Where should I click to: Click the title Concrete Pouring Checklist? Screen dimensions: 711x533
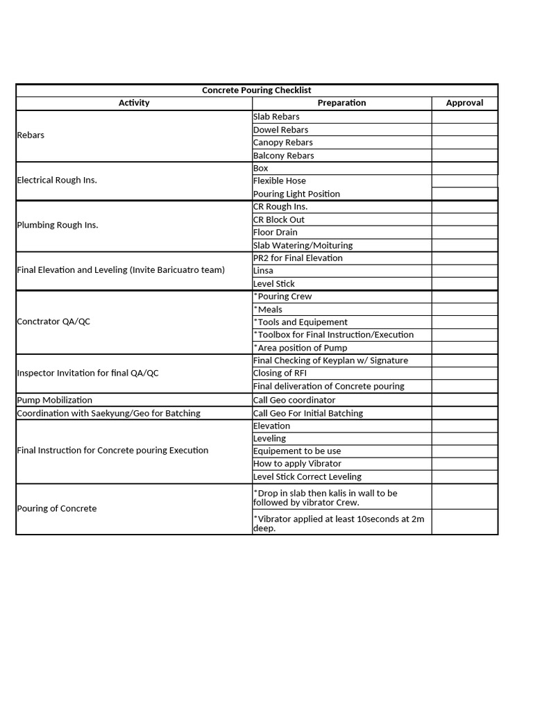(256, 90)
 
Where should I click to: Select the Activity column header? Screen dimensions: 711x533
(134, 103)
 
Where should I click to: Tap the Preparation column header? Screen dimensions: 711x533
(341, 103)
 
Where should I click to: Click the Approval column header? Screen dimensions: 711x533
(464, 103)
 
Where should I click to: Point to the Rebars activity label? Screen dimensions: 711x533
(31, 135)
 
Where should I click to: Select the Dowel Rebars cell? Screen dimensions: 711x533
(280, 130)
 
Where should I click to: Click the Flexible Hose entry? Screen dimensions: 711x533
(279, 181)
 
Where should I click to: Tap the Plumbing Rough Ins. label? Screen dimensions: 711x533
(58, 225)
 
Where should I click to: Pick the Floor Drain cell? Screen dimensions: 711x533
(275, 232)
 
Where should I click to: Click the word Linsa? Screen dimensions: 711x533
(263, 271)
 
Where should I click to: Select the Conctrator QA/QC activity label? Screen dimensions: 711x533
(53, 322)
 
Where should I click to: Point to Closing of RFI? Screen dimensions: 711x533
(280, 374)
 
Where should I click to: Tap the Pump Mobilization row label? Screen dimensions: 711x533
(54, 400)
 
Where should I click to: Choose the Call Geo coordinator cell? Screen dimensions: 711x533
(294, 400)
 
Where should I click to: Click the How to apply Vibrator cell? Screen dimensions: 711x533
(297, 464)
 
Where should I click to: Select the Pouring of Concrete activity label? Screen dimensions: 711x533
(57, 509)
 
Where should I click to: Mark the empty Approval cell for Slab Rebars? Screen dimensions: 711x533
(464, 117)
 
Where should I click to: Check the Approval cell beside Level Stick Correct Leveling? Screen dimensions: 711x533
(464, 477)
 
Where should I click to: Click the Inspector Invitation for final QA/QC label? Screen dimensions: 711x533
(87, 374)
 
